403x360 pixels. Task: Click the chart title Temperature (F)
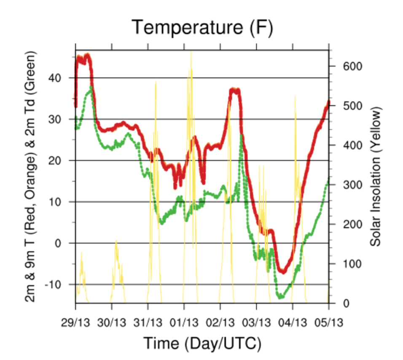click(202, 28)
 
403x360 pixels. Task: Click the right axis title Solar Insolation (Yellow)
click(375, 176)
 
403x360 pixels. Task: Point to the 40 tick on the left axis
click(62, 78)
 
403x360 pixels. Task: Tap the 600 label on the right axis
click(344, 67)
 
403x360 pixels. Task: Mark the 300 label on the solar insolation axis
click(344, 185)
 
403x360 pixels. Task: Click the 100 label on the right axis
click(344, 264)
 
